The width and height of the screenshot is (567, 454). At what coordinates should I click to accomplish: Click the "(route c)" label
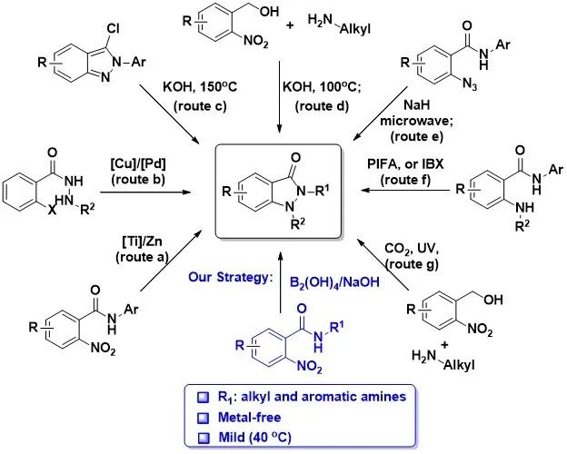click(200, 106)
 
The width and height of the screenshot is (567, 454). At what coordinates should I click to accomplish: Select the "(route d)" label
click(322, 106)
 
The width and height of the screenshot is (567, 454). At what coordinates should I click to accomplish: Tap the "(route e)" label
click(416, 136)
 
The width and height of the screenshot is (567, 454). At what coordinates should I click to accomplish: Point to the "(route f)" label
click(405, 180)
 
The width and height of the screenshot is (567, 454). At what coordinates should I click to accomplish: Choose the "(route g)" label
click(412, 264)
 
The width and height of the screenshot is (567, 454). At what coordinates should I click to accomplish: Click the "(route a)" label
click(142, 257)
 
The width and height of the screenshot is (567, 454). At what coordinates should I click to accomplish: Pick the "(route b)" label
click(138, 179)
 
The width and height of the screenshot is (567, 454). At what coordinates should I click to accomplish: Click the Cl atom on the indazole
click(113, 28)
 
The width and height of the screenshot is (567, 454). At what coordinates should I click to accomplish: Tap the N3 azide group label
click(470, 85)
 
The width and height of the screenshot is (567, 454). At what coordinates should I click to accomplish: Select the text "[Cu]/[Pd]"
click(138, 163)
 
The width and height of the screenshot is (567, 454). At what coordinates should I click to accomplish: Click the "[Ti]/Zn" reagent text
click(142, 242)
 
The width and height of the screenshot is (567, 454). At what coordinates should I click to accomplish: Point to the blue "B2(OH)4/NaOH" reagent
click(334, 282)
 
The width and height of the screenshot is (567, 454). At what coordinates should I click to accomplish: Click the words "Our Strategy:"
click(230, 277)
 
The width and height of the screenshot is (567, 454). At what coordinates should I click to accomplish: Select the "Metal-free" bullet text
click(250, 418)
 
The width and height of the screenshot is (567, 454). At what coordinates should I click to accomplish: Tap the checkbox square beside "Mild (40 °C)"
click(204, 439)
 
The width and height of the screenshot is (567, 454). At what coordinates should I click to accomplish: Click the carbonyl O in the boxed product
click(296, 158)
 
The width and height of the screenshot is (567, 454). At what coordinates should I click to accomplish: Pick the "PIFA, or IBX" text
click(405, 164)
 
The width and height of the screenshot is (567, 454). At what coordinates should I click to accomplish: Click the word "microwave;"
click(416, 121)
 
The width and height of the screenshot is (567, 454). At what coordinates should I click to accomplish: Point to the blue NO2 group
click(309, 367)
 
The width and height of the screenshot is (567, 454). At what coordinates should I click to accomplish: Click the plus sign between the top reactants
click(290, 25)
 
